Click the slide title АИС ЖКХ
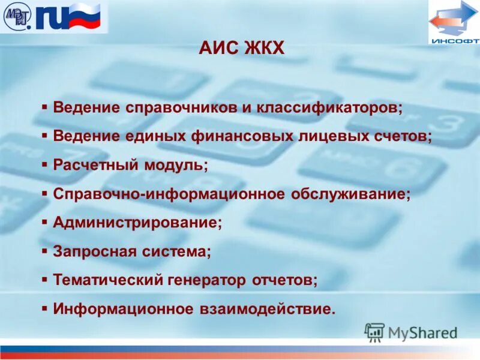241,48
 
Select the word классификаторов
329,108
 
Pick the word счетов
401,136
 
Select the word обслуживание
351,194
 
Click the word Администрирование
137,223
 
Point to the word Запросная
95,251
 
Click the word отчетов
284,280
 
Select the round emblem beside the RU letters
17,16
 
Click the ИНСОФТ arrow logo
453,22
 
